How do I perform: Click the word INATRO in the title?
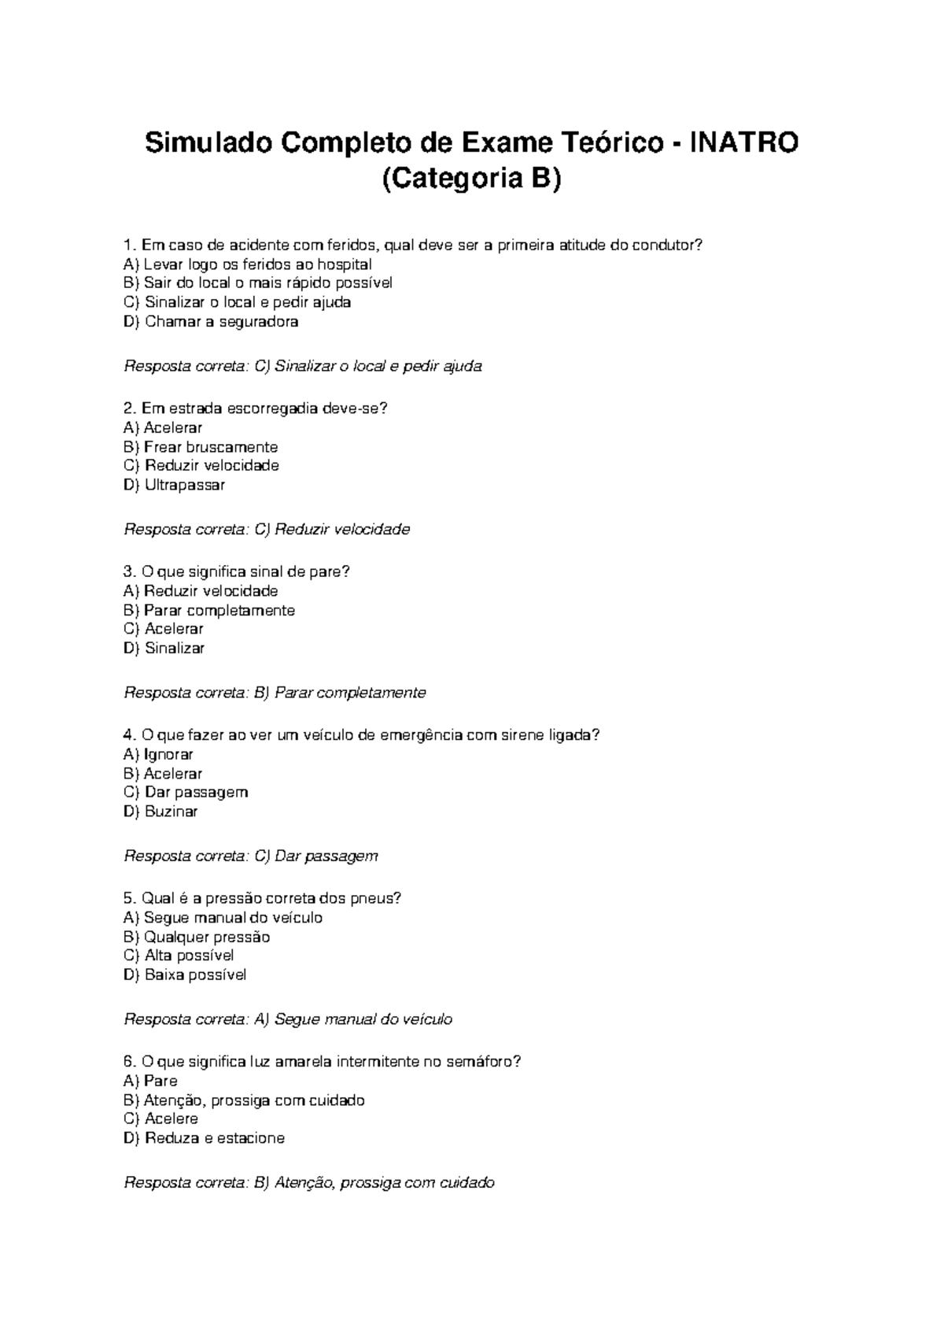[743, 143]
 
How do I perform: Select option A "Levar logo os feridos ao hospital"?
[248, 264]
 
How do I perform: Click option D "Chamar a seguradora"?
[211, 322]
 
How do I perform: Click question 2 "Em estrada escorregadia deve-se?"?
[256, 409]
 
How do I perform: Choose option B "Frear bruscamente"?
[201, 447]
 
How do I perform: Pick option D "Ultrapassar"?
[175, 485]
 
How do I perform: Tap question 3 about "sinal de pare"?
[237, 571]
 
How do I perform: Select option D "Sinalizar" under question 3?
[164, 649]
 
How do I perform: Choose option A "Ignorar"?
[159, 754]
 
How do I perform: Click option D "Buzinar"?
[161, 812]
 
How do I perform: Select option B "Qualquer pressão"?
[197, 937]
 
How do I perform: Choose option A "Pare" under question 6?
[151, 1081]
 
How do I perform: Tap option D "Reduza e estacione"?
[204, 1138]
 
